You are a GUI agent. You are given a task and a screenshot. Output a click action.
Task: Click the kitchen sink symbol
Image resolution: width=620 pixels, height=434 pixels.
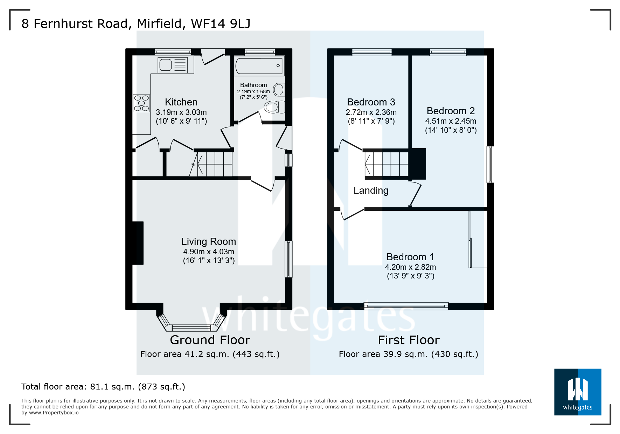(173, 65)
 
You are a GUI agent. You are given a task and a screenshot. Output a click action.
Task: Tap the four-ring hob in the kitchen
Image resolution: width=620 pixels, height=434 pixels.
(141, 103)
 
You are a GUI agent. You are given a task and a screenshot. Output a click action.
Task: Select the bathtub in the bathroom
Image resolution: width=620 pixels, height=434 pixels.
(259, 66)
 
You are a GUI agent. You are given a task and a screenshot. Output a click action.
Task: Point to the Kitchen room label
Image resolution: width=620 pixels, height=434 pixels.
(181, 102)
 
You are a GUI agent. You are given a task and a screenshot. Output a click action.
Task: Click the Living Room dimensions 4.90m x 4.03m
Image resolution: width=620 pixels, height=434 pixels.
(209, 252)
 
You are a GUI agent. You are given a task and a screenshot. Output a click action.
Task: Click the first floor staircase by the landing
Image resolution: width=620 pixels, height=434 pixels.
(386, 164)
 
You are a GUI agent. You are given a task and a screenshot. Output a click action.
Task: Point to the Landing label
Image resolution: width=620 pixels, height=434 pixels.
(371, 191)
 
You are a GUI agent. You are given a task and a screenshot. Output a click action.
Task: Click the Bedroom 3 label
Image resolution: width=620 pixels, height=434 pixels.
(371, 102)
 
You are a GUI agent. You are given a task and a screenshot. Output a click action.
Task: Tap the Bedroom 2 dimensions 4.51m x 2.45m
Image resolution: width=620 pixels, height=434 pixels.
(451, 121)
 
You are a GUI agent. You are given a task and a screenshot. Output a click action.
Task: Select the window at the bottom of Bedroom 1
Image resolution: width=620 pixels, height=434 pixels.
(406, 306)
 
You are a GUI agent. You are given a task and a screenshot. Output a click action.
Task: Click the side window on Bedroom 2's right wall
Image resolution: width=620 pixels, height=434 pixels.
(490, 164)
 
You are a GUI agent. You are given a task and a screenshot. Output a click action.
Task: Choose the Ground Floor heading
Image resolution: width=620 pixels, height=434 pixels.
(210, 340)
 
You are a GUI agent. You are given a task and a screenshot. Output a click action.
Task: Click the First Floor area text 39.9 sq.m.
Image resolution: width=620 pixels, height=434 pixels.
(408, 354)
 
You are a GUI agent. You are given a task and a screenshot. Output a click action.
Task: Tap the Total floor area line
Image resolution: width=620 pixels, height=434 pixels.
(103, 387)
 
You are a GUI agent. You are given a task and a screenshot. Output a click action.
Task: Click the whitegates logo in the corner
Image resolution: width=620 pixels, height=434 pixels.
(577, 392)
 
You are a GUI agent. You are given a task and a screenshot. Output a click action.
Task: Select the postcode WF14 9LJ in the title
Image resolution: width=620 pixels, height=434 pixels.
(221, 24)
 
